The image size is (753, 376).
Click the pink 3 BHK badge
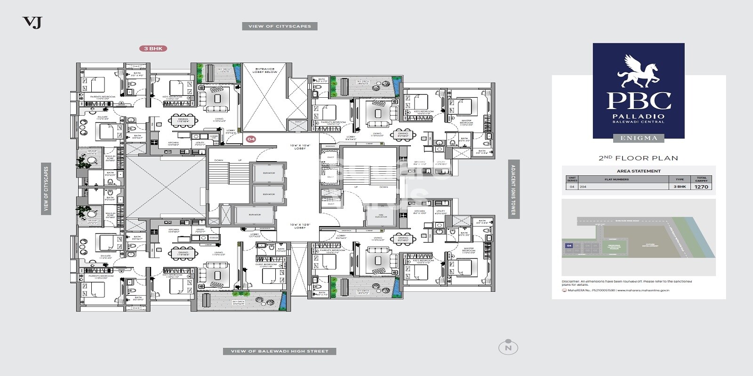coord(153,48)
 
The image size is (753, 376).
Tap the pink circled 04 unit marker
coord(251,139)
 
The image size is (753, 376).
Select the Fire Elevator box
coord(381,216)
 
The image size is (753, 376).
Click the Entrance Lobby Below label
coord(265,70)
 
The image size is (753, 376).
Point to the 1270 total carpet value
coord(701,187)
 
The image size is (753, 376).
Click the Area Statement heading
coord(639,171)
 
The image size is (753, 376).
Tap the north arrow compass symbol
coord(508,348)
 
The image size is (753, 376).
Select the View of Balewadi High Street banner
coord(280,351)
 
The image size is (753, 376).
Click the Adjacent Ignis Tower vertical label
coord(513,189)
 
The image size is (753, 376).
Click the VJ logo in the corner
coord(32,22)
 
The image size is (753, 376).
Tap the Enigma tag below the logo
coord(639,138)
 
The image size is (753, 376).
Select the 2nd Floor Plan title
coord(638,158)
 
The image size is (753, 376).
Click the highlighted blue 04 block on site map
coord(569,246)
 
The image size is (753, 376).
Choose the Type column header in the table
coord(680,179)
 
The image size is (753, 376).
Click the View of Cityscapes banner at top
coord(280,26)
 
